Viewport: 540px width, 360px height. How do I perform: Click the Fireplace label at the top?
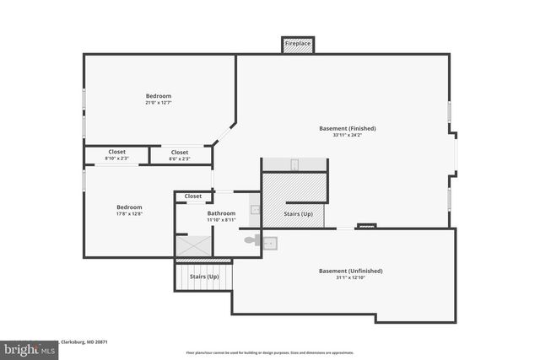click(x=298, y=42)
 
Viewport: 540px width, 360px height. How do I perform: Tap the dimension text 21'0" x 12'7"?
click(x=159, y=103)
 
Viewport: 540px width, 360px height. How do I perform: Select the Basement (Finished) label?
click(x=347, y=128)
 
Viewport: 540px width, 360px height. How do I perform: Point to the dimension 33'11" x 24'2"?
click(x=347, y=135)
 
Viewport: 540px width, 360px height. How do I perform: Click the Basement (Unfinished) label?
click(x=350, y=271)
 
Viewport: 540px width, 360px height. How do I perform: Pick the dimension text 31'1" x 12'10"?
click(x=350, y=277)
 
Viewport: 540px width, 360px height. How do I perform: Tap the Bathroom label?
click(x=221, y=213)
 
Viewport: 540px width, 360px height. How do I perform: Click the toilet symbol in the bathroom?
click(x=252, y=240)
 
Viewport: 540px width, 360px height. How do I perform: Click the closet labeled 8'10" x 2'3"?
click(x=116, y=155)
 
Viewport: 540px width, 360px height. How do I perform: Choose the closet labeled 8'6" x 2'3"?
click(x=180, y=155)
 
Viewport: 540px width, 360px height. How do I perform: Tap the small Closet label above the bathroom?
click(x=193, y=196)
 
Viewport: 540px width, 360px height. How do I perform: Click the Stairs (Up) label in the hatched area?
click(x=300, y=214)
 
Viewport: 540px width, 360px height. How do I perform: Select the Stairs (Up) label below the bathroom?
click(x=204, y=277)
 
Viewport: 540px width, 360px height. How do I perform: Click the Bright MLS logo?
click(x=26, y=347)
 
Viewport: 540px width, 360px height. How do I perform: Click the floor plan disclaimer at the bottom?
click(x=270, y=352)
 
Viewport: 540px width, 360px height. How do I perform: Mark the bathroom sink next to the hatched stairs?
click(x=255, y=209)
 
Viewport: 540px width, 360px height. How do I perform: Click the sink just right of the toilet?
click(x=269, y=243)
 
